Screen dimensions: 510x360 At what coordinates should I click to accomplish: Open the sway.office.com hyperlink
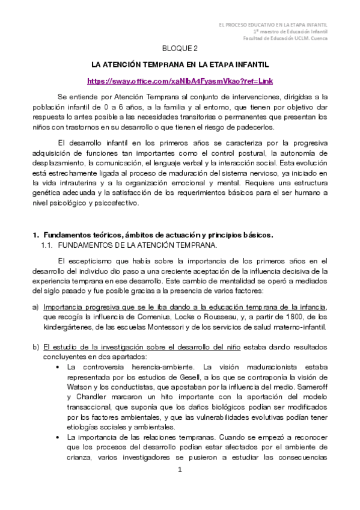click(180, 80)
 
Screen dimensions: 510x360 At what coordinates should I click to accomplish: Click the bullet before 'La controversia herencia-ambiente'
click(57, 366)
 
